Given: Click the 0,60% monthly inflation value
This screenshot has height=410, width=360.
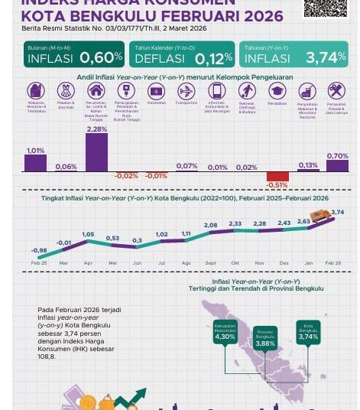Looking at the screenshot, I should pyautogui.click(x=101, y=58).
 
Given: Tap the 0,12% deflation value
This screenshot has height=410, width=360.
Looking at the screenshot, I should pyautogui.click(x=213, y=58).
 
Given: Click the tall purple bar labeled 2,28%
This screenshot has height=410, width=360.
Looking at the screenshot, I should pyautogui.click(x=96, y=153).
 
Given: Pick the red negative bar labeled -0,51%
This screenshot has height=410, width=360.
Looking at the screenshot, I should pyautogui.click(x=277, y=176).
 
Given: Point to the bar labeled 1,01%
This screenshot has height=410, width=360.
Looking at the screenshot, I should pyautogui.click(x=35, y=163).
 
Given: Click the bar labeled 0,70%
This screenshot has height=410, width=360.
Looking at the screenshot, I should pyautogui.click(x=337, y=166).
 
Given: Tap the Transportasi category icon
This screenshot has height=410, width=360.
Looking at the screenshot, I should pyautogui.click(x=186, y=91).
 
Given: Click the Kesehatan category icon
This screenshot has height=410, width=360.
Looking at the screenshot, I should pyautogui.click(x=156, y=91).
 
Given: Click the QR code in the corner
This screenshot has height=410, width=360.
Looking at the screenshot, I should pyautogui.click(x=324, y=7).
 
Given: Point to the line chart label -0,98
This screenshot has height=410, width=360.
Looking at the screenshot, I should pyautogui.click(x=39, y=250).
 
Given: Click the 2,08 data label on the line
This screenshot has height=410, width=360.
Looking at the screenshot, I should pyautogui.click(x=210, y=225).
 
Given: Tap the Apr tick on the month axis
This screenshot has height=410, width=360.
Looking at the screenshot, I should pyautogui.click(x=88, y=263).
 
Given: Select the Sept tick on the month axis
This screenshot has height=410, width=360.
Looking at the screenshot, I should pyautogui.click(x=210, y=263).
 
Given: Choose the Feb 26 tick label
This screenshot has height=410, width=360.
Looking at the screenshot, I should pyautogui.click(x=333, y=263).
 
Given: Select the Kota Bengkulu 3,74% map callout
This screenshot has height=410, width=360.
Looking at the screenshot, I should pyautogui.click(x=308, y=332).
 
